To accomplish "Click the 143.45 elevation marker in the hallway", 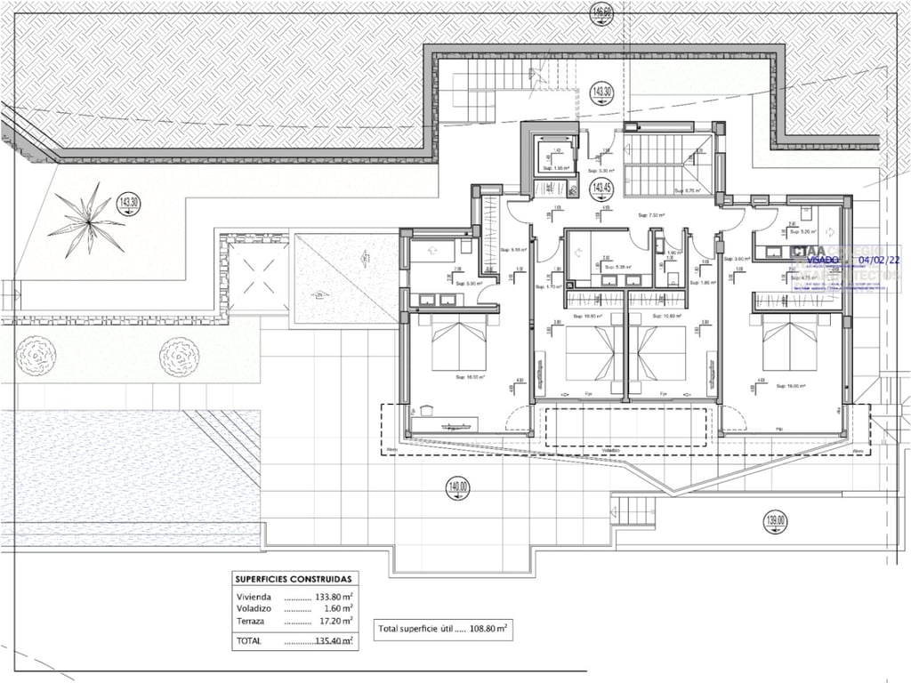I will tap(602, 188).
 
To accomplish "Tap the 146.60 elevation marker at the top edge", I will tap(602, 12).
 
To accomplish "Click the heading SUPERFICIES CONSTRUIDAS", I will tap(293, 578).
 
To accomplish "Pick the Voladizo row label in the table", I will tap(254, 608).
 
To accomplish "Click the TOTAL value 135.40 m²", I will tap(335, 639).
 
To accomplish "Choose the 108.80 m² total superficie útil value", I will tap(488, 628).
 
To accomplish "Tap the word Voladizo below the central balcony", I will tap(611, 450).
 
